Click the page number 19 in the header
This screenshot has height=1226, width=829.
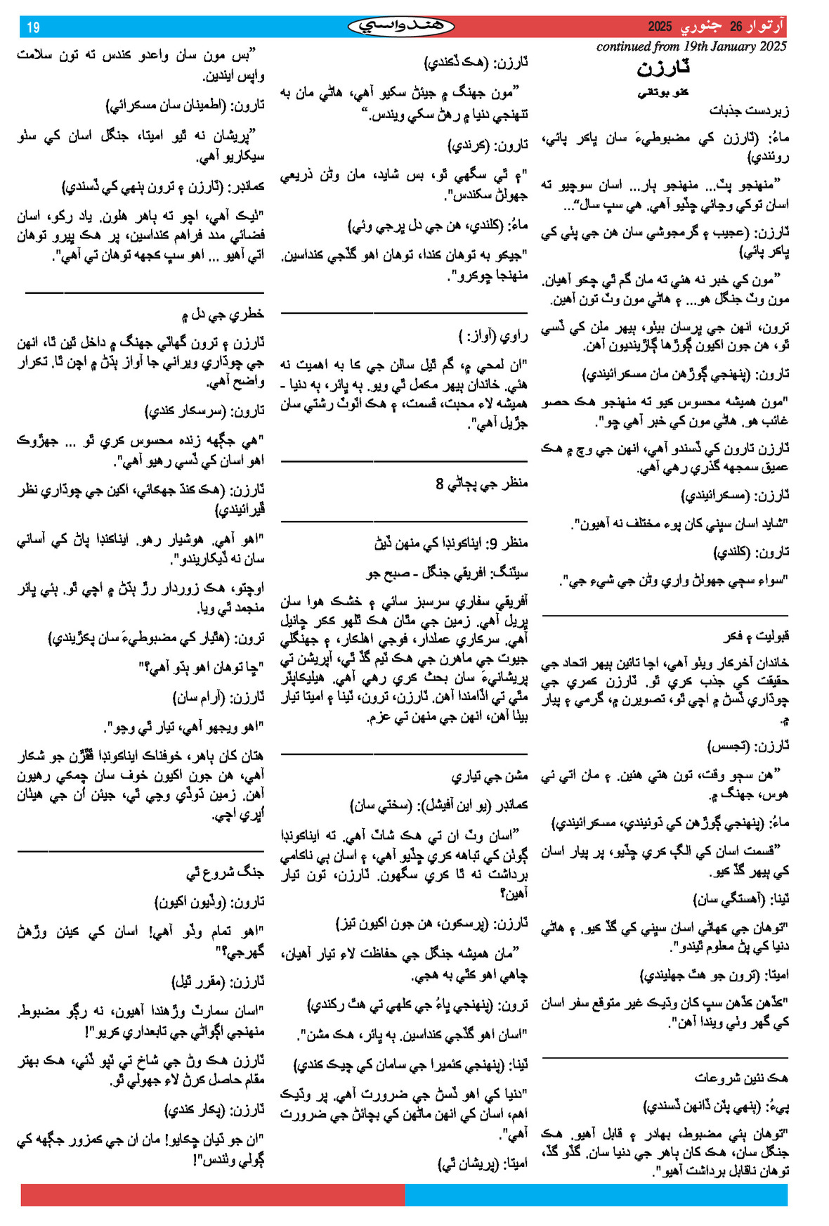click(x=33, y=27)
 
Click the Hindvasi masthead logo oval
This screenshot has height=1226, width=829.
click(x=401, y=27)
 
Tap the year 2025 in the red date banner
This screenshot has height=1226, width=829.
click(x=660, y=27)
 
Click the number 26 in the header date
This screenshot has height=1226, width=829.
click(x=736, y=27)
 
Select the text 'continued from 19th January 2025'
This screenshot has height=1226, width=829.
click(x=691, y=47)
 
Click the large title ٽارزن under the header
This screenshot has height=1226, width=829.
click(x=663, y=68)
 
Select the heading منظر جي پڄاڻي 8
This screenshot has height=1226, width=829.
click(x=481, y=484)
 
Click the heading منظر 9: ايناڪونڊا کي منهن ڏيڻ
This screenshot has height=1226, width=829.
click(x=451, y=543)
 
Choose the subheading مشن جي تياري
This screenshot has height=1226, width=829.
click(x=489, y=776)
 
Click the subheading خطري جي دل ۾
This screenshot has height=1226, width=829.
click(x=222, y=314)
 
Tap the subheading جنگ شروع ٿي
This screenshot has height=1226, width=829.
click(x=225, y=872)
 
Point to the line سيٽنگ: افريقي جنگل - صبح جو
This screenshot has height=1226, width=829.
click(x=447, y=573)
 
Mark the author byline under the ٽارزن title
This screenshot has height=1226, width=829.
click(x=663, y=93)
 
